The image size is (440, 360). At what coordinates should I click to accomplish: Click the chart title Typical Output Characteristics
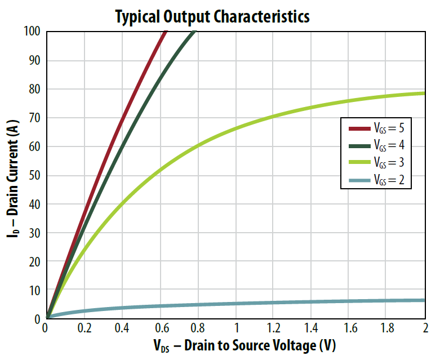point(212,16)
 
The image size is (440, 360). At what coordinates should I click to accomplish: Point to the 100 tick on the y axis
point(32,32)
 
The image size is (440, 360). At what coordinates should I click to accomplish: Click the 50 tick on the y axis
point(34,175)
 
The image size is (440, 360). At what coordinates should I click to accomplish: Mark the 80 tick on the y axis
point(34,89)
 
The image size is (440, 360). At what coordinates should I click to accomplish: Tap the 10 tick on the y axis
point(34,290)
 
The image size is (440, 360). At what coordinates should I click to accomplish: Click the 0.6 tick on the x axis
point(159,328)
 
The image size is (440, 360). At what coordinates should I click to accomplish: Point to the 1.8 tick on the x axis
point(386,328)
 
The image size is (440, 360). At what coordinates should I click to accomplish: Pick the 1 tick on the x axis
point(235,328)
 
